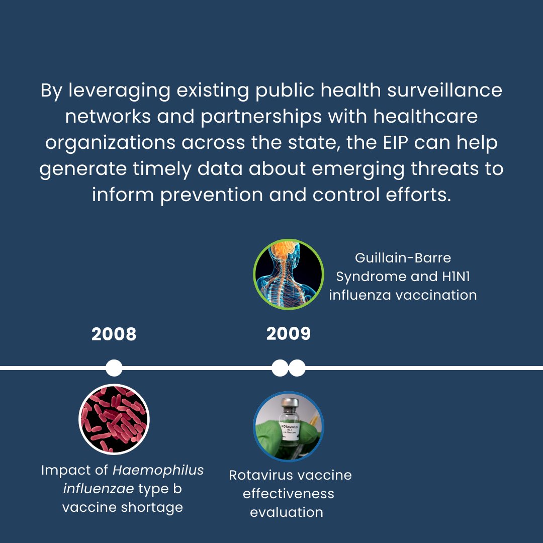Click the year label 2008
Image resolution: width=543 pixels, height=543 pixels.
114,334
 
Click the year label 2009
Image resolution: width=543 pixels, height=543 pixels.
288,334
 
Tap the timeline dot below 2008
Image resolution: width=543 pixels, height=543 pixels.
114,368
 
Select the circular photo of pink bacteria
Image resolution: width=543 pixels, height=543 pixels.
114,419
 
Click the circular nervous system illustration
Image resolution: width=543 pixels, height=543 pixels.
288,274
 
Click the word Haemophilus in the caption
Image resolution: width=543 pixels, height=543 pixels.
158,470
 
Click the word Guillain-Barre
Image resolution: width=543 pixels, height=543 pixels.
403,258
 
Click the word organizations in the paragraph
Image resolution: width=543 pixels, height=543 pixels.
110,142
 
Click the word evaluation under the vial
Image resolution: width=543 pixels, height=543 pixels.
287,512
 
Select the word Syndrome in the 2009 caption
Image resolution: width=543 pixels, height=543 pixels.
365,277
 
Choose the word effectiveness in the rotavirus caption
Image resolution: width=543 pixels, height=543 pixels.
288,493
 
